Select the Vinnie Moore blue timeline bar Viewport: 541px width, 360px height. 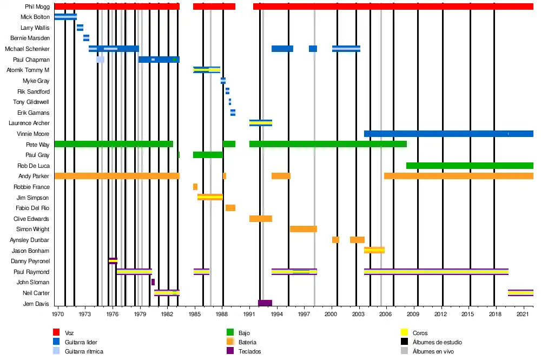(448, 134)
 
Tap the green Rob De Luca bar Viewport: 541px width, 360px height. (470, 166)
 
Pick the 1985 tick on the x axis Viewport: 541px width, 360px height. (194, 314)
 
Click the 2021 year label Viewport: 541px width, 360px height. (523, 314)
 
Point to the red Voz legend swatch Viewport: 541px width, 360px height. (56, 332)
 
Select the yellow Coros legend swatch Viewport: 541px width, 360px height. (404, 332)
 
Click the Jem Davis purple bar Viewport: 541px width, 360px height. (265, 303)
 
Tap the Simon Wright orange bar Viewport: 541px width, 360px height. (304, 229)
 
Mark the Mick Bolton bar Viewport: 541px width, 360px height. (65, 17)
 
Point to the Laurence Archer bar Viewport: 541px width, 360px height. (261, 123)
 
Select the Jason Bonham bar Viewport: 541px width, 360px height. (374, 250)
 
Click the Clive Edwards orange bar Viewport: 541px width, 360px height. (261, 219)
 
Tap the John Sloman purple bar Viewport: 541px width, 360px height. (153, 282)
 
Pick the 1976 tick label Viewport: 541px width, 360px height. (112, 314)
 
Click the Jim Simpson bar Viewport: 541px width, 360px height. (210, 197)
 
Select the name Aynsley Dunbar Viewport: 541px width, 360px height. (30, 240)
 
